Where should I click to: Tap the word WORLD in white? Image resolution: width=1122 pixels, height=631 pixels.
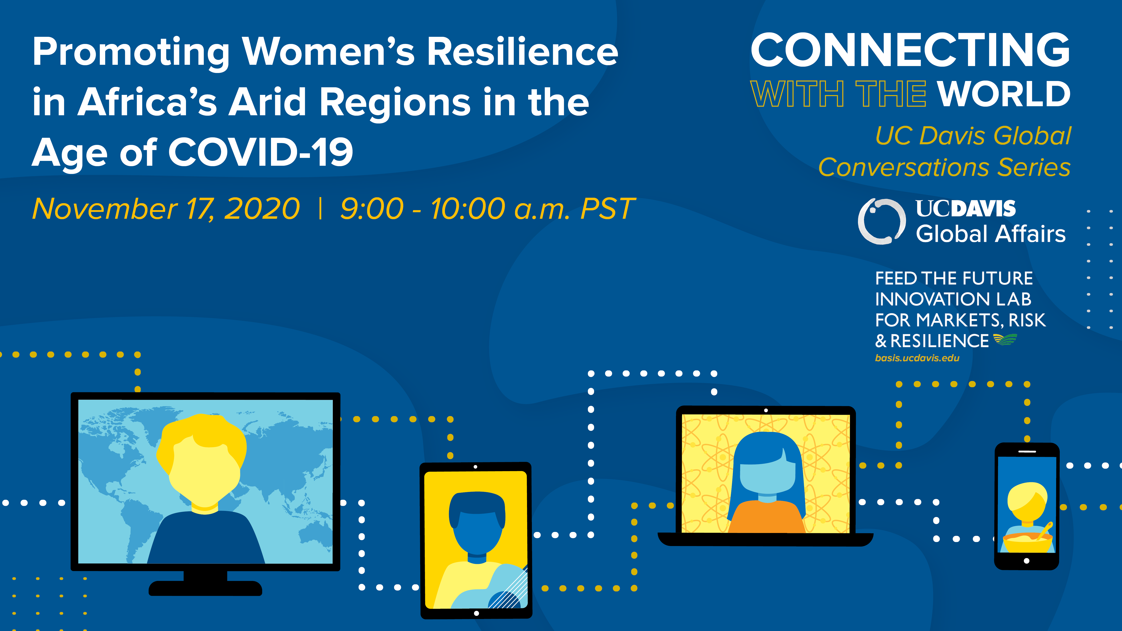[1004, 94]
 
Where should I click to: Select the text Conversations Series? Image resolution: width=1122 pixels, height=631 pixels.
[944, 167]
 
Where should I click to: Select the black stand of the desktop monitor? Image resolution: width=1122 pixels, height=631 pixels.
[205, 583]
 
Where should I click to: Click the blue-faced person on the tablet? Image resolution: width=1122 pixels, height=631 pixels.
[477, 522]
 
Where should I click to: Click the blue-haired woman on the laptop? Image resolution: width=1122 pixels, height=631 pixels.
[767, 479]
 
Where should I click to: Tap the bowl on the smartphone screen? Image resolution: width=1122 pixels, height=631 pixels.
[1027, 542]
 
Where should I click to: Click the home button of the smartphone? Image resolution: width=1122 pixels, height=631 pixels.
[1027, 561]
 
